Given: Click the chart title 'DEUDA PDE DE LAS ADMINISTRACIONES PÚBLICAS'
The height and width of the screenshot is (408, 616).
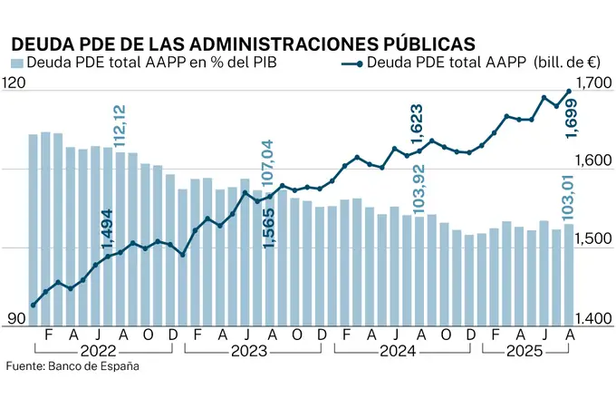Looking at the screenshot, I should coord(242,43).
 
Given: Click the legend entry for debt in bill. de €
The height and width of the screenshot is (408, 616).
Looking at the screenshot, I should coord(467,63).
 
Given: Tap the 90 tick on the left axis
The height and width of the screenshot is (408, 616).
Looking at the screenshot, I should coord(15,318).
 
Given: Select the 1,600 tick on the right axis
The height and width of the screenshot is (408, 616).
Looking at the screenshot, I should coord(594,160).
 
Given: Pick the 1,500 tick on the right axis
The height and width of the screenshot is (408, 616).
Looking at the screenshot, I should coord(594,238).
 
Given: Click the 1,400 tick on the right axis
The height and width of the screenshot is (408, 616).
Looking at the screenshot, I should coord(594,318).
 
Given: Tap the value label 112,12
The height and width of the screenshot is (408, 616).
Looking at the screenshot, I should coord(120,126).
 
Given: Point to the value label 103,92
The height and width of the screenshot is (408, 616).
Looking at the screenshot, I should coord(419,189).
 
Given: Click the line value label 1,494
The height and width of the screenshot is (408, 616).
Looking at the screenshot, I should coord(108,229).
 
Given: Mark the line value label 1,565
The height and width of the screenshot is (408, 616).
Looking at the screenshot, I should coord(268,227).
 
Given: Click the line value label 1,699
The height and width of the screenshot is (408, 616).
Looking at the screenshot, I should coord(571,119).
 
